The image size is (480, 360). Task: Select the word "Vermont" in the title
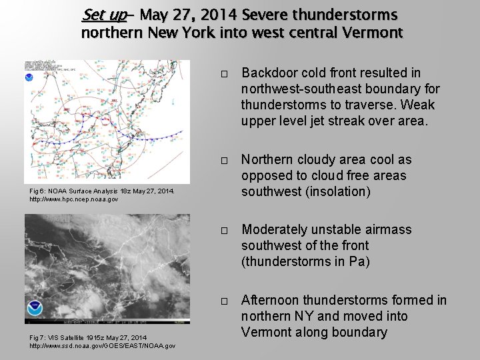[x=368, y=32]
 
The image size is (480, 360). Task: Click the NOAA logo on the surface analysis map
[x=29, y=77]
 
